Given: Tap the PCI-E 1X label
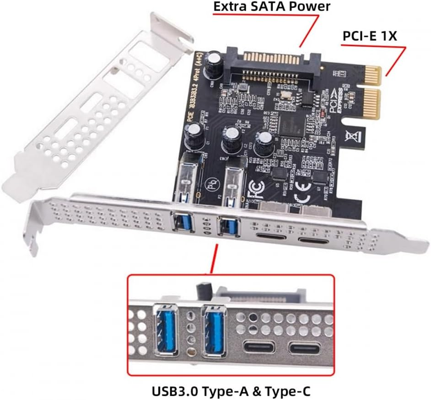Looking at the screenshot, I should click(x=369, y=37).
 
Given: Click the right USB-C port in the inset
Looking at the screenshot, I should click(x=304, y=348).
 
